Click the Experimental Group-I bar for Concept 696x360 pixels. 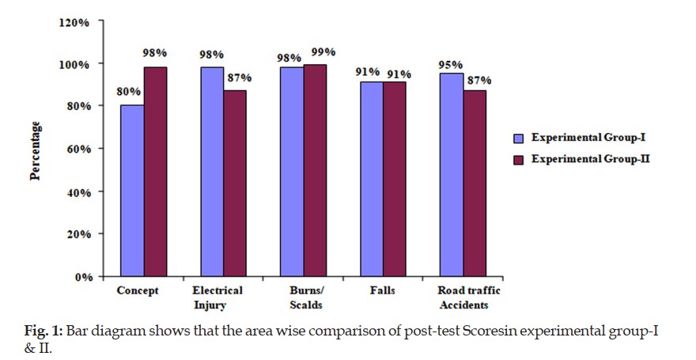coord(132,191)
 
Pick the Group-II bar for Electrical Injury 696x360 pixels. coord(236,184)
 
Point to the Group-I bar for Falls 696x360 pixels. coord(372,179)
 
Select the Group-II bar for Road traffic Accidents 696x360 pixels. coord(475,184)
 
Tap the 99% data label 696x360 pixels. coord(323,51)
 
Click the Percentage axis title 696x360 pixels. coord(36,150)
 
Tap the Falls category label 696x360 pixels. coord(382,290)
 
